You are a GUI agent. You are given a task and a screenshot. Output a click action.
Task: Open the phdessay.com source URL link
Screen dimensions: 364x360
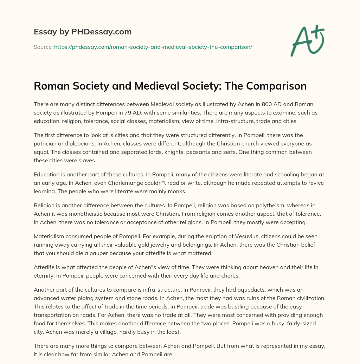pyautogui.click(x=153, y=47)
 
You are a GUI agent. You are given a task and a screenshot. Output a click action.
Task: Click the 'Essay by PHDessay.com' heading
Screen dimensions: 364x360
pyautogui.click(x=83, y=32)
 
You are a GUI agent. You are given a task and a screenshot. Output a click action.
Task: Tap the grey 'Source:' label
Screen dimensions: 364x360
pyautogui.click(x=43, y=47)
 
